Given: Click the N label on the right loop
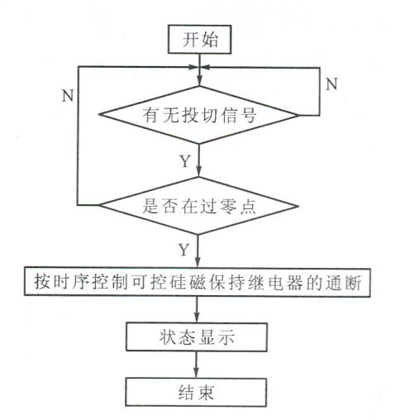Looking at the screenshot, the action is coord(331,84).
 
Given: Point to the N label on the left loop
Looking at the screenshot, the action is coord(68,96).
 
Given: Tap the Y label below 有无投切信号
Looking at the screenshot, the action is coord(185,161).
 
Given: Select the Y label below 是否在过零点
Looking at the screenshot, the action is coord(184,250).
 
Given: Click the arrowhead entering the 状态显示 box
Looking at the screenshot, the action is coord(197,317).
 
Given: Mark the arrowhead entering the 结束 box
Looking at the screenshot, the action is coord(196,372).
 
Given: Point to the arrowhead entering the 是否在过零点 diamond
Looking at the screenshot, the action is coord(198,171).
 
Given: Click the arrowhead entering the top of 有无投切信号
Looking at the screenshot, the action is coord(199,80).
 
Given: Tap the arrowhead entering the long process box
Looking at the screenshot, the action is coord(197,261).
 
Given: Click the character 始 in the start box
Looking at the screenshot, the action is coord(209,40).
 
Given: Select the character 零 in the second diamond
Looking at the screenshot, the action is coord(227,206).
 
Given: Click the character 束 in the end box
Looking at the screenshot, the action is coord(206,392).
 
